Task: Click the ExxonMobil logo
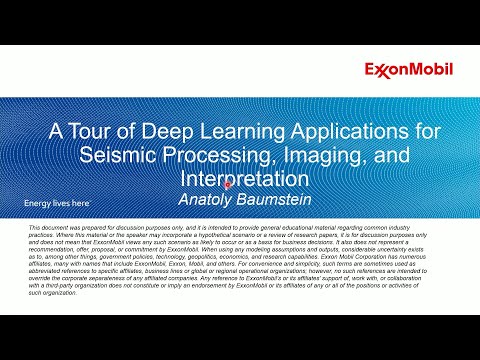click(408, 69)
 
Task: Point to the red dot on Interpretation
click(229, 185)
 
